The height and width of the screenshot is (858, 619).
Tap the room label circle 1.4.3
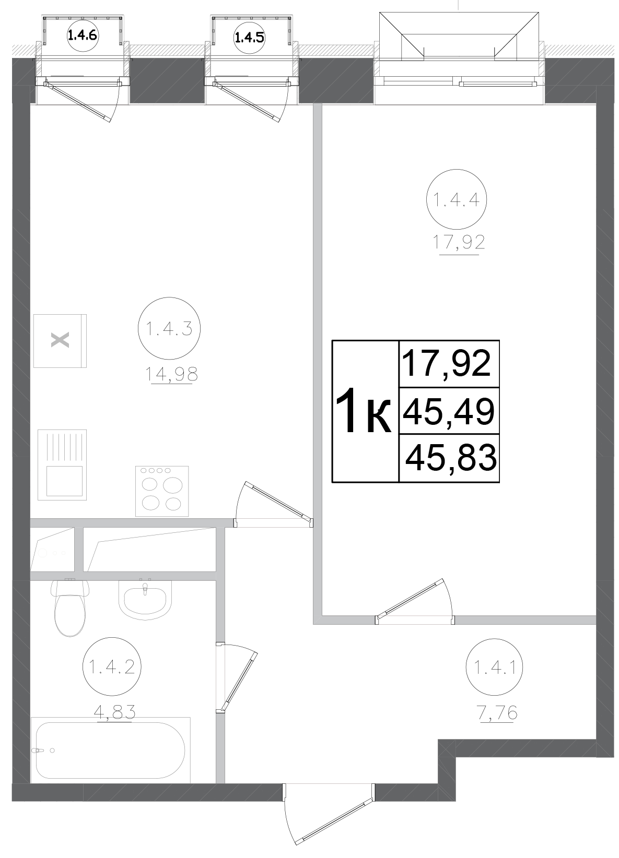pos(169,329)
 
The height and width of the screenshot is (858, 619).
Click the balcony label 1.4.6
pos(83,35)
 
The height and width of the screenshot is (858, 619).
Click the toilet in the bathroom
pos(70,607)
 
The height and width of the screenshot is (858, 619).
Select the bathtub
pos(110,750)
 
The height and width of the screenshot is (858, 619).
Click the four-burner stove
pos(162,491)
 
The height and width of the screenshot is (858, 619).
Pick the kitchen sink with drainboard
pos(62,464)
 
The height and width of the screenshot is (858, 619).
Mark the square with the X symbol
pos(60,340)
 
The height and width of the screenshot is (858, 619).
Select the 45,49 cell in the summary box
pos(449,411)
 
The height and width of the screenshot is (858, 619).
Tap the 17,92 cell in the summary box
pos(449,364)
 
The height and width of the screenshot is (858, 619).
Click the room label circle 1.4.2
pos(112,667)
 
